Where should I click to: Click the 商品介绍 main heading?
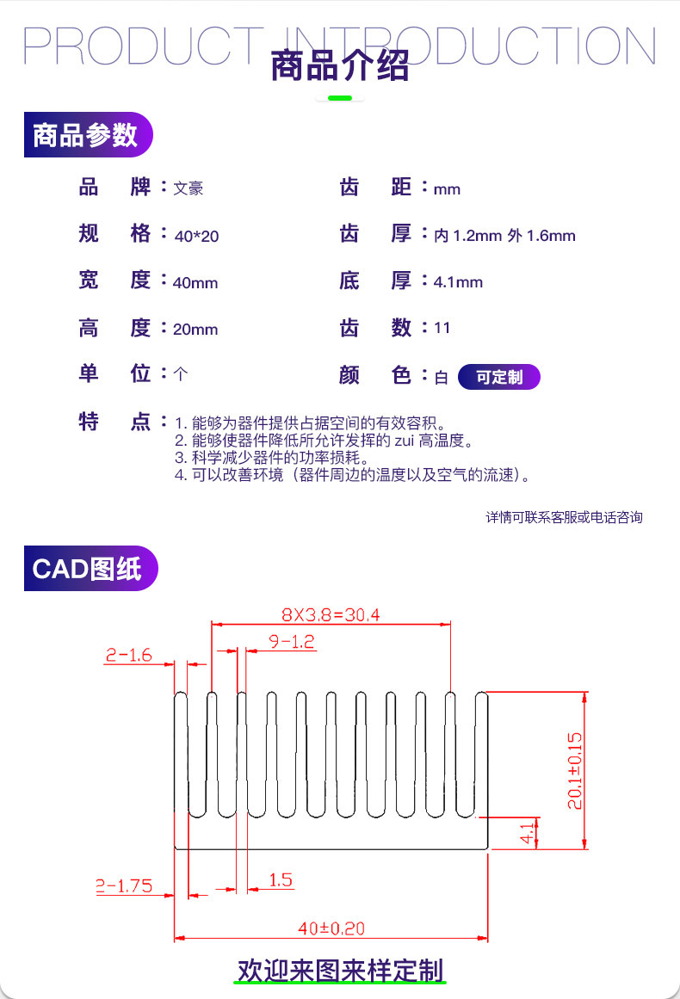click(340, 65)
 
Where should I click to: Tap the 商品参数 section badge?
click(88, 134)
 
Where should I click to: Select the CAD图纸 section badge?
click(90, 568)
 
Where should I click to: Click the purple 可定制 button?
click(499, 377)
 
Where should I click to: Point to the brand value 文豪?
click(188, 188)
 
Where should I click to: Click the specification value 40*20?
click(196, 237)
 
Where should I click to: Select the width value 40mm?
click(195, 283)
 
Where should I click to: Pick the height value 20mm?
click(195, 330)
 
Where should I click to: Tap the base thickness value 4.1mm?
click(458, 282)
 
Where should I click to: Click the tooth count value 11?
click(442, 328)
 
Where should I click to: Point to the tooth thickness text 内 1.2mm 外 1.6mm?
click(504, 236)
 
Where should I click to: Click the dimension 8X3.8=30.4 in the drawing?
click(331, 615)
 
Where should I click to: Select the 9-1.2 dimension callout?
click(292, 642)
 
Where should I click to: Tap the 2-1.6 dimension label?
click(129, 655)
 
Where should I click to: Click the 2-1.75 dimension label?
click(124, 885)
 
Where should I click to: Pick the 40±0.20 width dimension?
click(331, 928)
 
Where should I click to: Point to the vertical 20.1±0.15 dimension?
click(575, 771)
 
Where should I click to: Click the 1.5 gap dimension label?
click(281, 880)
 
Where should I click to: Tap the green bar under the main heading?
click(340, 98)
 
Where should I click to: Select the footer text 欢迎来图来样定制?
click(340, 971)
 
